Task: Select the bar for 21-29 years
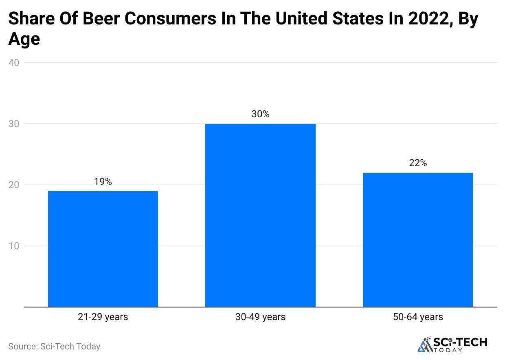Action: point(103,248)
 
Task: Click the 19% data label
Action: point(103,182)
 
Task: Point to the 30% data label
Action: point(260,114)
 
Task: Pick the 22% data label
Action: point(418,163)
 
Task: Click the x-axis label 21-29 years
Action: point(103,317)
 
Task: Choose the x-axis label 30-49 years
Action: point(260,317)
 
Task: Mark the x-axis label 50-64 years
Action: point(418,317)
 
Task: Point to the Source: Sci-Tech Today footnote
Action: point(54,347)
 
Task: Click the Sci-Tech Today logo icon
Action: point(425,345)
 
